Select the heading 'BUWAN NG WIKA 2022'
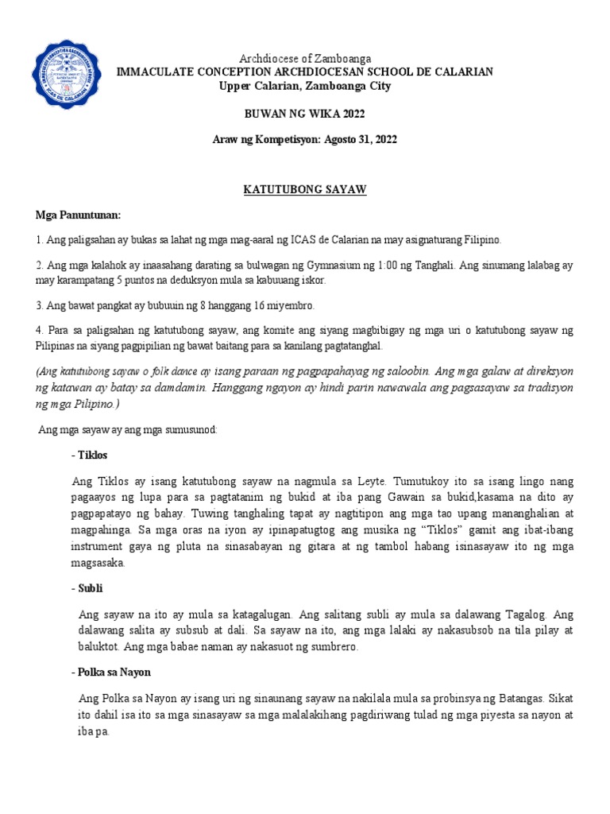[305, 113]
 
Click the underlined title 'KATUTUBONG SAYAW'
[305, 192]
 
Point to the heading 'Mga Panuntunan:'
[76, 215]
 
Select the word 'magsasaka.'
[98, 563]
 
